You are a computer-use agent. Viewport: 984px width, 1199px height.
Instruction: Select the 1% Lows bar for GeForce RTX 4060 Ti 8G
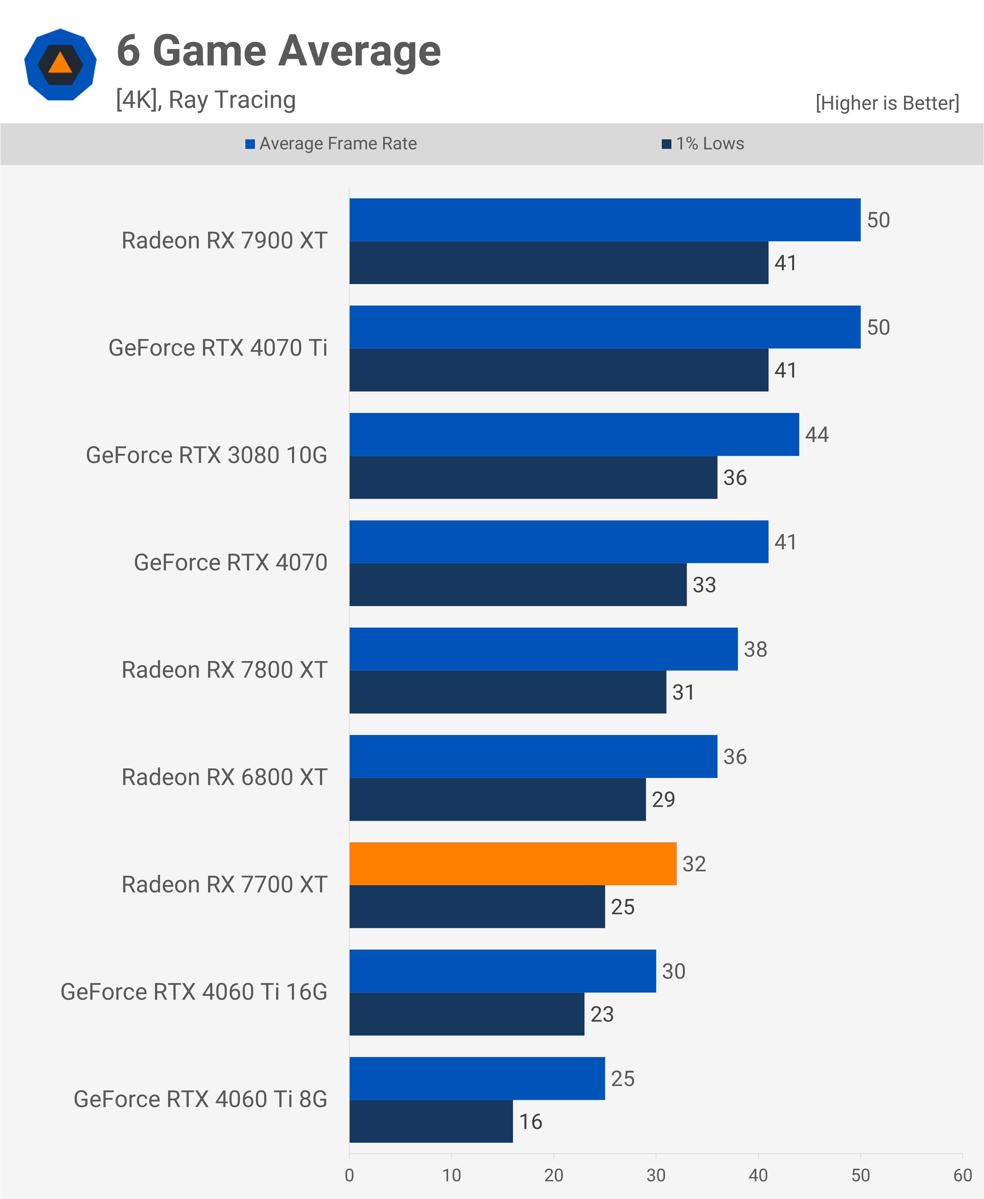pos(431,1121)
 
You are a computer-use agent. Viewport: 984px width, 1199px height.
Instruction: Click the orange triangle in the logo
pos(60,63)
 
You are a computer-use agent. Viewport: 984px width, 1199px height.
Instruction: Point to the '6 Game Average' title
pos(278,51)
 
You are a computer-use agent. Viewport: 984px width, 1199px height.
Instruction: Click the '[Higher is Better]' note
pos(887,103)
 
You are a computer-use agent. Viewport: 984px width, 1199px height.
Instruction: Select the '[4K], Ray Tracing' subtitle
pos(206,100)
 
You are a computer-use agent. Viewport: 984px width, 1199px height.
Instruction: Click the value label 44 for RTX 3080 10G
pos(817,435)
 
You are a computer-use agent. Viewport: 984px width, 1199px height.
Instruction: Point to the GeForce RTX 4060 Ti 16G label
pos(194,992)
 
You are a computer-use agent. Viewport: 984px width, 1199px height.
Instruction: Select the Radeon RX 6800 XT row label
pos(225,777)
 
